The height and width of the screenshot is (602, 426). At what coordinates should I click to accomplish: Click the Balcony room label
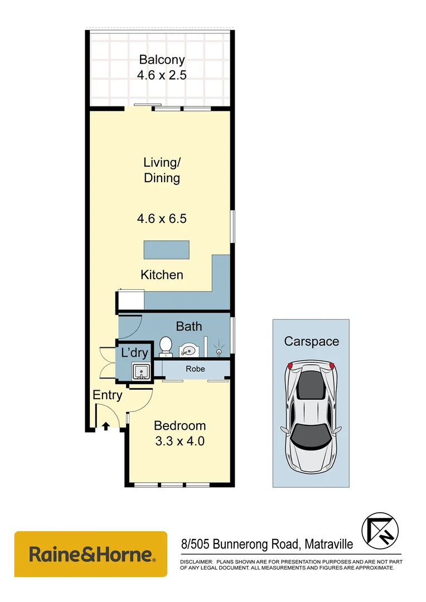[x=162, y=60]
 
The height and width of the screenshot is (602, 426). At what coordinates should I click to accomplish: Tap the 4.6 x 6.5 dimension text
[x=162, y=219]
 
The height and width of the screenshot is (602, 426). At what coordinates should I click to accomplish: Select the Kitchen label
[x=162, y=275]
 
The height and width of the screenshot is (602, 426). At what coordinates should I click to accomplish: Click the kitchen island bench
[x=166, y=249]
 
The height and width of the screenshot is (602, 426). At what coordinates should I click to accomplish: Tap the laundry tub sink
[x=140, y=371]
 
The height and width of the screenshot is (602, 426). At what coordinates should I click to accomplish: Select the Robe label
[x=195, y=369]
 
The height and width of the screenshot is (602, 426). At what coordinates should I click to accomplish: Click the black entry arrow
[x=106, y=427]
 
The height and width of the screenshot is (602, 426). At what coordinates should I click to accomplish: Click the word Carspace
[x=311, y=342]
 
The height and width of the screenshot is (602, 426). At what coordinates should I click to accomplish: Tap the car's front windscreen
[x=311, y=435]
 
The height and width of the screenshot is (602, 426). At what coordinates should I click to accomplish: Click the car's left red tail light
[x=290, y=366]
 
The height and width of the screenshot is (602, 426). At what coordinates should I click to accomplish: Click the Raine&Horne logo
[x=91, y=554]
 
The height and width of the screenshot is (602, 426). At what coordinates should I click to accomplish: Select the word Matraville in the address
[x=328, y=543]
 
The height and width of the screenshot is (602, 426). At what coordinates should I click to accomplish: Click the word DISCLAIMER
[x=196, y=562]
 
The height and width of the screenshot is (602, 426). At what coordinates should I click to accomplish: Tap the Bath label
[x=189, y=327]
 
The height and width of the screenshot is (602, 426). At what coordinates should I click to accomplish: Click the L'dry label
[x=134, y=353]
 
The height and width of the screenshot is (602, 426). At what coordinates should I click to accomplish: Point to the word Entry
[x=107, y=395]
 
